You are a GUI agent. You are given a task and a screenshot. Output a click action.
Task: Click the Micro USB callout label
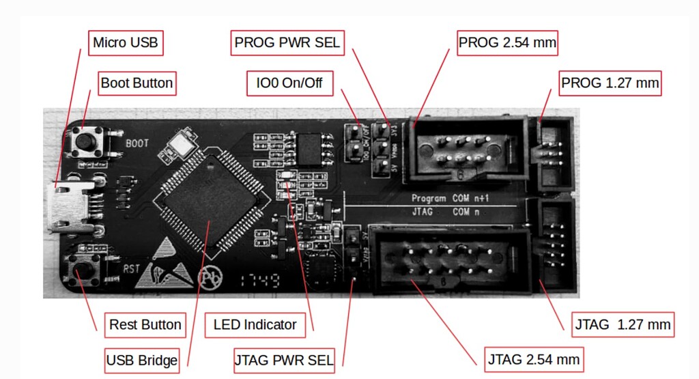click(126, 43)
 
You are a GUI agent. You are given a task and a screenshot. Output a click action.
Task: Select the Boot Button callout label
click(137, 83)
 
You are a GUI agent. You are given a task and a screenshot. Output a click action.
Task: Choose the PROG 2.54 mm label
click(507, 43)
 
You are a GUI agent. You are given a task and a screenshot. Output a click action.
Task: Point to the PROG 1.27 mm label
click(610, 83)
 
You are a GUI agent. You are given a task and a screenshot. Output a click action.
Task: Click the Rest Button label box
click(145, 324)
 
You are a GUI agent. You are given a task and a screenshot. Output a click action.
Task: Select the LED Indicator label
click(255, 324)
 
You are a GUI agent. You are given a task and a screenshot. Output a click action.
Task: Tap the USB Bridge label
click(142, 360)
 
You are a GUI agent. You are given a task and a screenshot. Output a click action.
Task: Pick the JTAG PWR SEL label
click(284, 360)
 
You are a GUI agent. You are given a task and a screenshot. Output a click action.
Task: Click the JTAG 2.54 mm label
click(534, 359)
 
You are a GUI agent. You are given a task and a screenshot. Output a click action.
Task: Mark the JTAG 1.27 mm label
click(621, 324)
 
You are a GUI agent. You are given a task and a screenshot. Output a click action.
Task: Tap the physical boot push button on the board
click(87, 141)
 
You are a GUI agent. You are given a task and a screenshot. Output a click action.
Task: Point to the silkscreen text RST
click(131, 269)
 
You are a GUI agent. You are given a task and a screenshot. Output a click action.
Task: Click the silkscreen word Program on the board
click(428, 198)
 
